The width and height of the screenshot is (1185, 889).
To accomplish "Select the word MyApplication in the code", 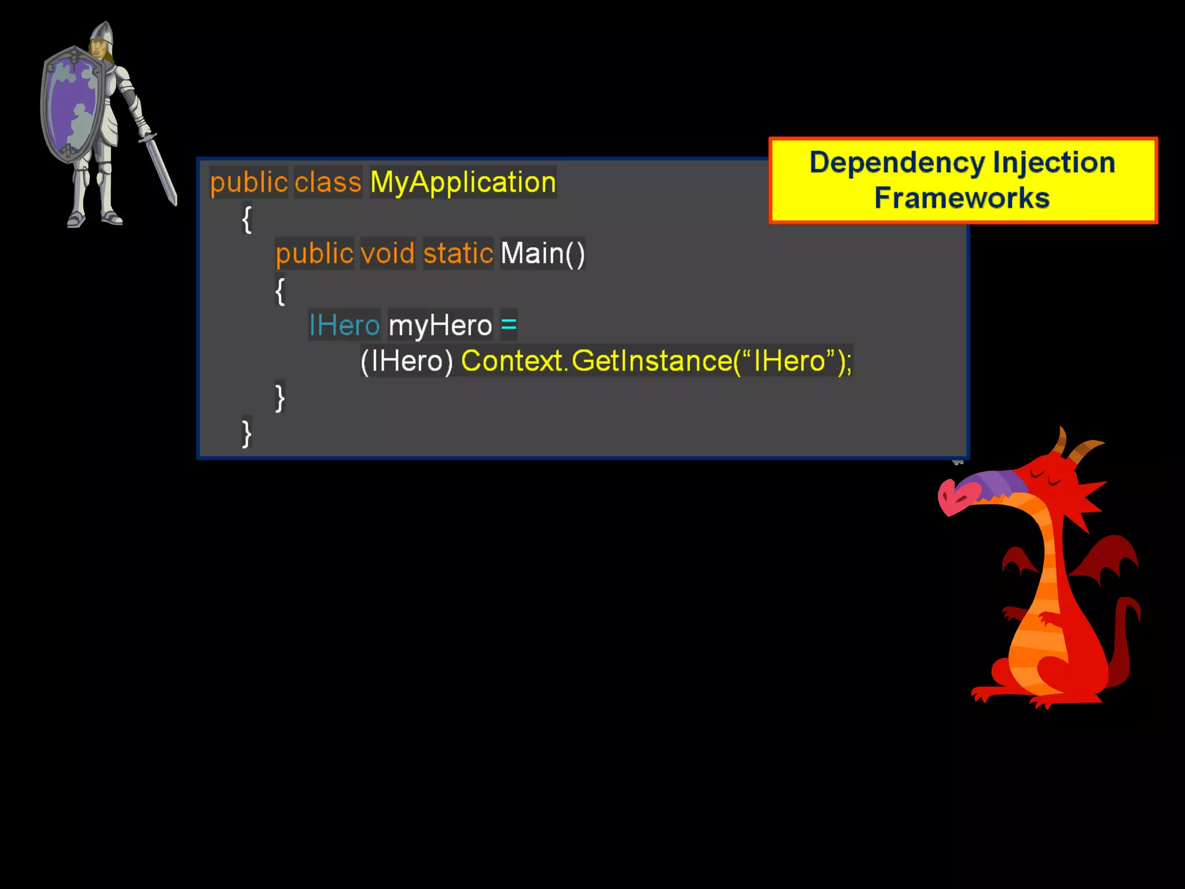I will pyautogui.click(x=463, y=182).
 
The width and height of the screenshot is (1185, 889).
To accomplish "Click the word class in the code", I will pyautogui.click(x=327, y=182).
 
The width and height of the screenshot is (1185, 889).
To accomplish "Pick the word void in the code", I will pyautogui.click(x=387, y=254).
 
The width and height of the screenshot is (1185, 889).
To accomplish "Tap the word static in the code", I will pyautogui.click(x=458, y=254).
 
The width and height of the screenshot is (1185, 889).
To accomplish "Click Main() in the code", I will pyautogui.click(x=542, y=254).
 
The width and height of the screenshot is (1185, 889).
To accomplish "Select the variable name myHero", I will pyautogui.click(x=440, y=325).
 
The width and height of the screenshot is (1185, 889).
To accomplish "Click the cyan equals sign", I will pyautogui.click(x=509, y=324).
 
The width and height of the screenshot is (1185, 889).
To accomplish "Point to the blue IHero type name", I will pyautogui.click(x=344, y=325).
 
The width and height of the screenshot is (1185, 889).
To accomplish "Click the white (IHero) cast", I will pyautogui.click(x=406, y=361).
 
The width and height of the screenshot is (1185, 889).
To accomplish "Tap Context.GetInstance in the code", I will pyautogui.click(x=596, y=361).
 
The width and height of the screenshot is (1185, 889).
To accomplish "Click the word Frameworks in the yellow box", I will pyautogui.click(x=962, y=198).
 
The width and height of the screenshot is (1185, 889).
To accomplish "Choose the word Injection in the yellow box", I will pyautogui.click(x=1054, y=162).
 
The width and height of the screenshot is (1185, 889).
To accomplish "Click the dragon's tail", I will pyautogui.click(x=1125, y=642).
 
